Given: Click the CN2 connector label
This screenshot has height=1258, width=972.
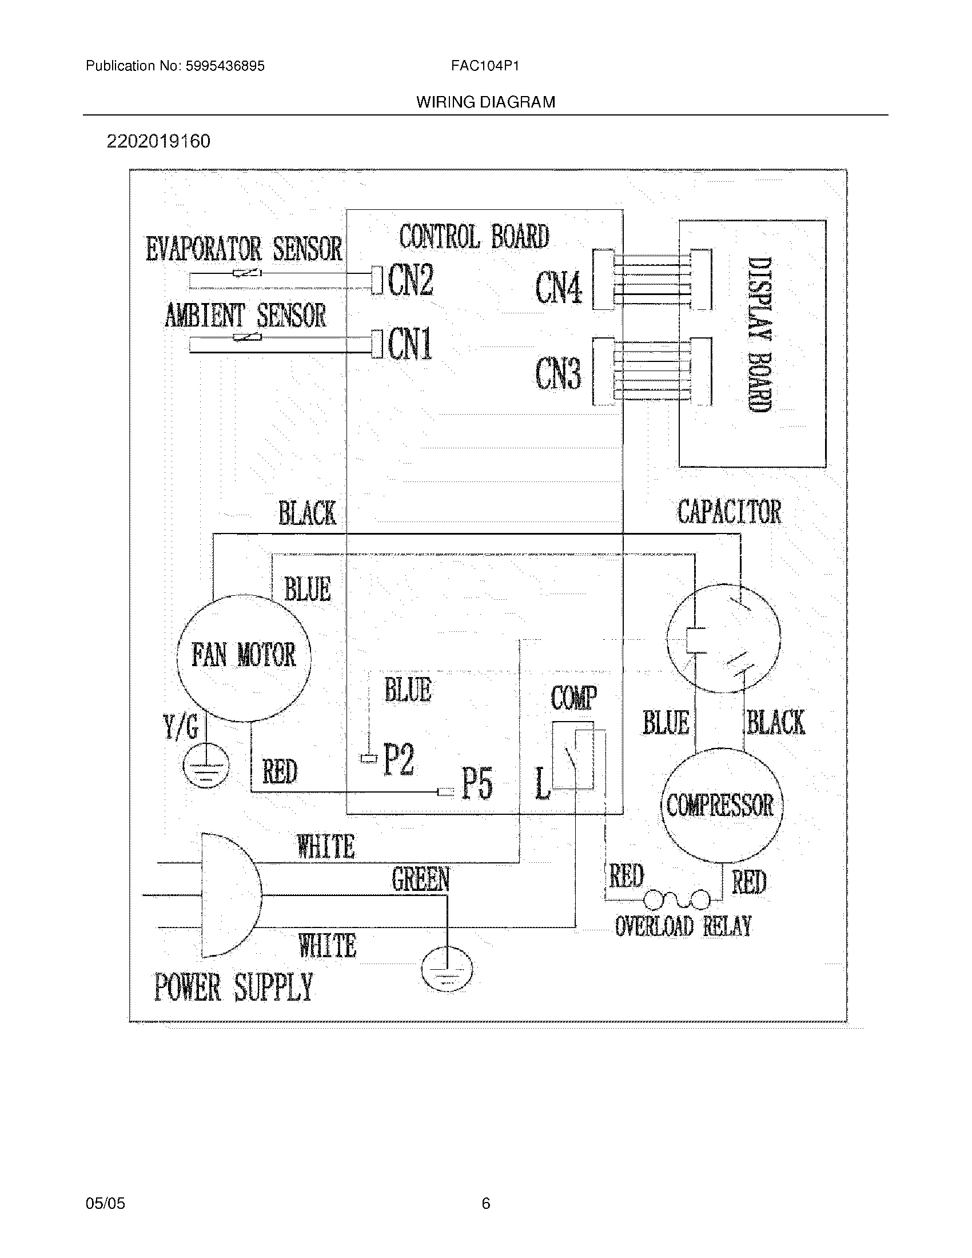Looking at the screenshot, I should pos(411,280).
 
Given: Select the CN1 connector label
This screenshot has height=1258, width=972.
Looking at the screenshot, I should pos(410,344).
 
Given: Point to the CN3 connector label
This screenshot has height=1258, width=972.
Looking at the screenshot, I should pos(558,373).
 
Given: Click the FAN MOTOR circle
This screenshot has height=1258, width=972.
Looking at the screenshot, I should pos(244,656).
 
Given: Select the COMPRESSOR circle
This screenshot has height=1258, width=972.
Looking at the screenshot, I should pos(720,805).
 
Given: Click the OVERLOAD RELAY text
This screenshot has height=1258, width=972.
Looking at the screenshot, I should pos(683,926).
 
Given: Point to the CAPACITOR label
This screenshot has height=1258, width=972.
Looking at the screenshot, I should pos(729,512).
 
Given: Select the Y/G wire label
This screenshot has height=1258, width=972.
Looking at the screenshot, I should pos(181,727).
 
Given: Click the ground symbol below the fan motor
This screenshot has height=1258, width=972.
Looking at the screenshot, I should pos(206,766).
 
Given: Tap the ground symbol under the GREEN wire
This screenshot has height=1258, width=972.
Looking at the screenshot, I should pos(447,969).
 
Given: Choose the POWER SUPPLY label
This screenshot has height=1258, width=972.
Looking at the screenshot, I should pos(233,988).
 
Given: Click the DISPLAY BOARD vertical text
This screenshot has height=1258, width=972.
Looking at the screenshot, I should pos(759,334).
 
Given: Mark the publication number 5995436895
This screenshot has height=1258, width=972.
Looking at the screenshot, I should pos(225,66).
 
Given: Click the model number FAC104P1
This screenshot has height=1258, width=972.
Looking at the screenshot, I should pos(485,66).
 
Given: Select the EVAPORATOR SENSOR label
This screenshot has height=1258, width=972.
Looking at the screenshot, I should pos(244,249).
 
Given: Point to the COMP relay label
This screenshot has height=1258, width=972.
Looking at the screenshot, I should pos(573,698).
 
